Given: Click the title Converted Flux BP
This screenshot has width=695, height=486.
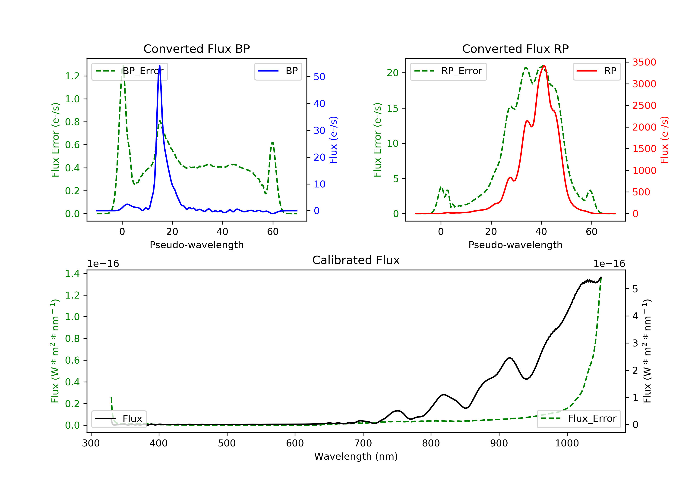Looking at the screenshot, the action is pos(197,49).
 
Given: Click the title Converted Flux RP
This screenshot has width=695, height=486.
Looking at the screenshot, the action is pos(515,49).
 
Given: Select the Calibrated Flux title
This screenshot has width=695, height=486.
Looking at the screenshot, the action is pos(356,260).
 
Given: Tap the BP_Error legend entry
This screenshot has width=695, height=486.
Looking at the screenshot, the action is pos(130,71).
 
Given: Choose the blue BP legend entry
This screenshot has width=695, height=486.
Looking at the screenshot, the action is pos(278,71).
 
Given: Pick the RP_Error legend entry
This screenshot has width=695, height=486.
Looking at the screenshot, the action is pos(448,71).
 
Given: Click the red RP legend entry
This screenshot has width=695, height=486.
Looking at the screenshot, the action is pos(597,71).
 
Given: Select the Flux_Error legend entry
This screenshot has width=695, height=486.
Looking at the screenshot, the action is pos(578,419).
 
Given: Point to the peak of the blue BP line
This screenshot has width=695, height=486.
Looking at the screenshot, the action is pos(160,66).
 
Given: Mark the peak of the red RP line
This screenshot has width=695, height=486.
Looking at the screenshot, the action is pos(544,66).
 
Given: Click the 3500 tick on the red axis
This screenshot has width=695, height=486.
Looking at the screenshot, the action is pos(644,62).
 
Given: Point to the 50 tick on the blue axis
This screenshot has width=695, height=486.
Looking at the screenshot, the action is pos(319,77).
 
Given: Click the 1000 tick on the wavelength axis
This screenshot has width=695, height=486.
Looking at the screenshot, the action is pos(567,443).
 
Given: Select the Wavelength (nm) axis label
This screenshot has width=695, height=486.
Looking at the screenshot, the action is pos(356,456).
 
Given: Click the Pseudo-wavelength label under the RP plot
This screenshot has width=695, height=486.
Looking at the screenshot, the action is pos(515,245).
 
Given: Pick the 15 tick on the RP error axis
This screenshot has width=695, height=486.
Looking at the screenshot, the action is pos(393,108).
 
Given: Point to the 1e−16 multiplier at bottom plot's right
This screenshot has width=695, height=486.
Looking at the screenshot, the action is pos(609,264).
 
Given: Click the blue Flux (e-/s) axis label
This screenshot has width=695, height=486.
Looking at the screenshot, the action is pos(333,140).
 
